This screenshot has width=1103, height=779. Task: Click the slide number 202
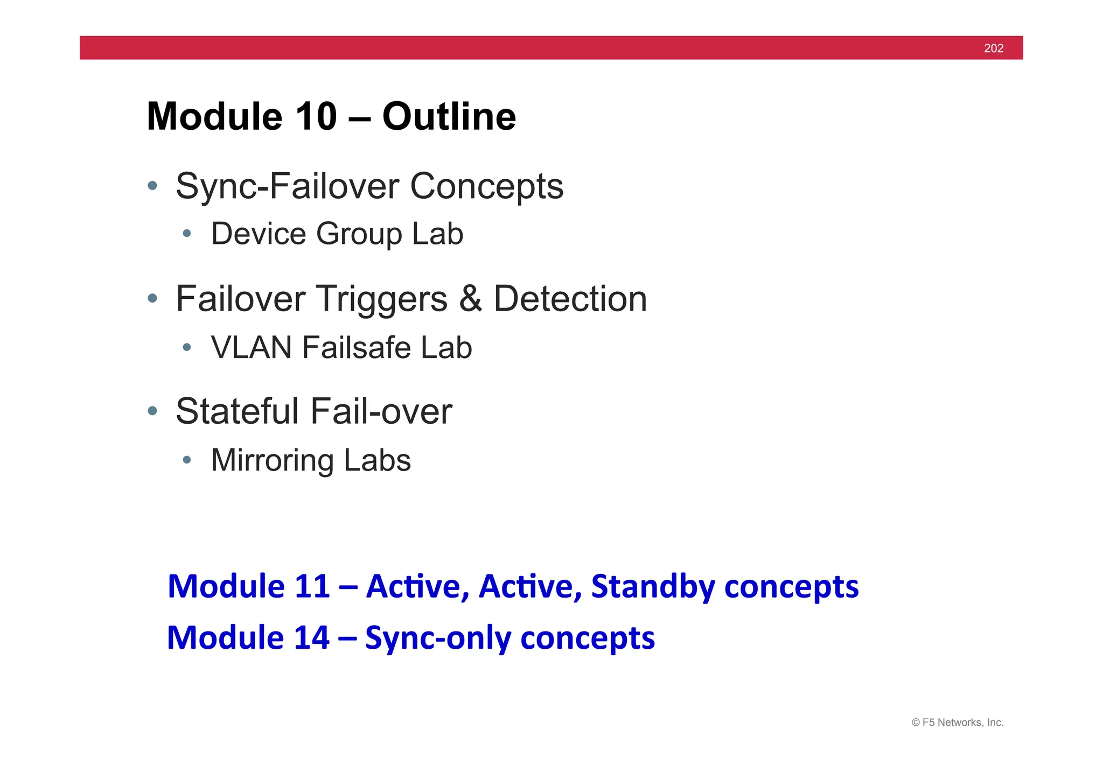coord(993,48)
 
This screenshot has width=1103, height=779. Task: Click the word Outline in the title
coord(449,116)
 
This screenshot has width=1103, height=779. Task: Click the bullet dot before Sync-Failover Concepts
coord(152,186)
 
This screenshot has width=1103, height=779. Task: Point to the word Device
coord(258,234)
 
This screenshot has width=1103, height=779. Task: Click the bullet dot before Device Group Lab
coord(187,234)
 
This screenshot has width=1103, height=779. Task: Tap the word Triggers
coord(381,299)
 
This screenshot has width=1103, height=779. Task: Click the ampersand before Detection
coord(470,299)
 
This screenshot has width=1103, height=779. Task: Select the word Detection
coord(570,299)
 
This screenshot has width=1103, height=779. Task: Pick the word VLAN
coord(252,347)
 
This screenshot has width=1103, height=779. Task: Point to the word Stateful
coord(237,411)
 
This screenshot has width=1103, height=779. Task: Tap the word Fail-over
coord(381,411)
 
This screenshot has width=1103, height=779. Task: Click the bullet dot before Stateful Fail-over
coord(152,411)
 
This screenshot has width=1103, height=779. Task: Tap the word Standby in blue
coord(652,586)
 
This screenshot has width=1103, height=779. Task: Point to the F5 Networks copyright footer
coord(957,722)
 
